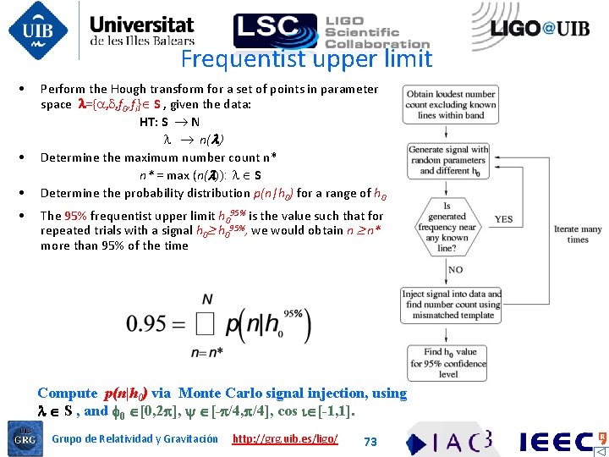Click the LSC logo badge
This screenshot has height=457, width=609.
[x=275, y=30]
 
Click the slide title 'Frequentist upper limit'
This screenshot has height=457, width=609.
[x=306, y=59]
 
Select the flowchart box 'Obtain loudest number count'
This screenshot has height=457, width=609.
[x=449, y=104]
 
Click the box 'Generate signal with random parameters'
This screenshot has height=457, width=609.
[x=449, y=160]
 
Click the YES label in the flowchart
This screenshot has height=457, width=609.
[x=504, y=218]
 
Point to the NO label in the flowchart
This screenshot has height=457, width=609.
[x=454, y=270]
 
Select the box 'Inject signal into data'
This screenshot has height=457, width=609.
[x=449, y=305]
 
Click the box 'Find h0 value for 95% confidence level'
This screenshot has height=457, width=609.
[x=449, y=362]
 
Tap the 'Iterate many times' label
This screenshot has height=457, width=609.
[x=578, y=234]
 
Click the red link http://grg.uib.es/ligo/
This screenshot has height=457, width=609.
[x=285, y=438]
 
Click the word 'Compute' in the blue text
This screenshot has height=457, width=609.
[x=68, y=394]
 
